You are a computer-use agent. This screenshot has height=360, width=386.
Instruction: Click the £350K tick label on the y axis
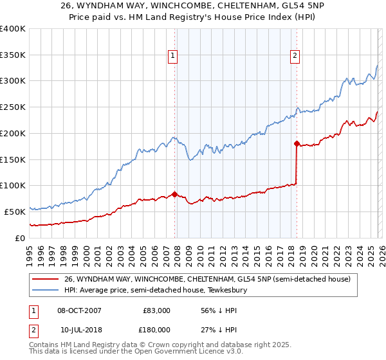tap(13, 55)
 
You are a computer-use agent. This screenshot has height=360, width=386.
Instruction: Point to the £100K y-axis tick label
tap(13, 186)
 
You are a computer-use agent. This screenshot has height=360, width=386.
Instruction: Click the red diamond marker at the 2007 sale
tap(174, 194)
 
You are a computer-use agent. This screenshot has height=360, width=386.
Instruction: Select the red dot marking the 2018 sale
tap(296, 143)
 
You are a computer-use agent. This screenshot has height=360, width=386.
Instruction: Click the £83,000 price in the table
tap(154, 310)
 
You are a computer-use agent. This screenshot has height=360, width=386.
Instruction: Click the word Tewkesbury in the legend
tap(234, 291)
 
